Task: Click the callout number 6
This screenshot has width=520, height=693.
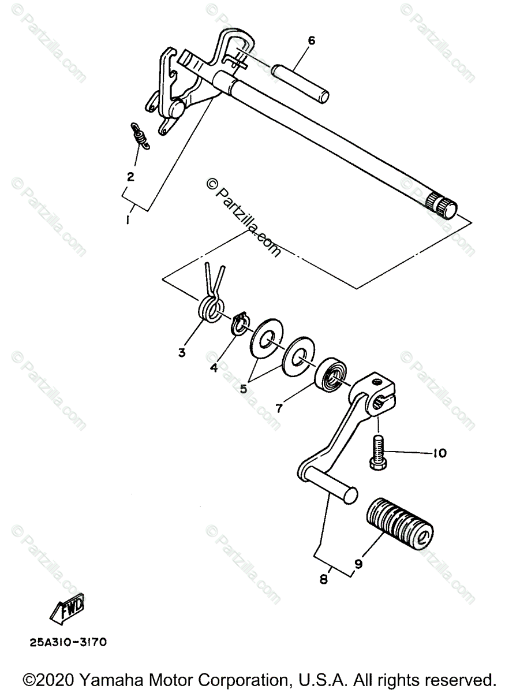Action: click(x=311, y=40)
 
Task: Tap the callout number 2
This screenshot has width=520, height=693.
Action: click(x=130, y=177)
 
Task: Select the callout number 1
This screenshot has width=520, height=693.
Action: click(x=128, y=220)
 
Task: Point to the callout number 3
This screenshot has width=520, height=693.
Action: click(x=181, y=352)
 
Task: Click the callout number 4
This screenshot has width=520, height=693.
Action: click(x=214, y=367)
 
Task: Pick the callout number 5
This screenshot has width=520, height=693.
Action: click(x=244, y=389)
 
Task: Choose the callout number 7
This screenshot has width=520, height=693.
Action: click(x=279, y=408)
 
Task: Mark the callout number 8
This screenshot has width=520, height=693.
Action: click(x=323, y=578)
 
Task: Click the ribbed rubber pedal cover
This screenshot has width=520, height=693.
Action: click(x=399, y=523)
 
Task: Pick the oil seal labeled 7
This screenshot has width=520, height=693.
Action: click(x=331, y=376)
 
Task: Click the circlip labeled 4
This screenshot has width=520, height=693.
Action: click(x=240, y=325)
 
